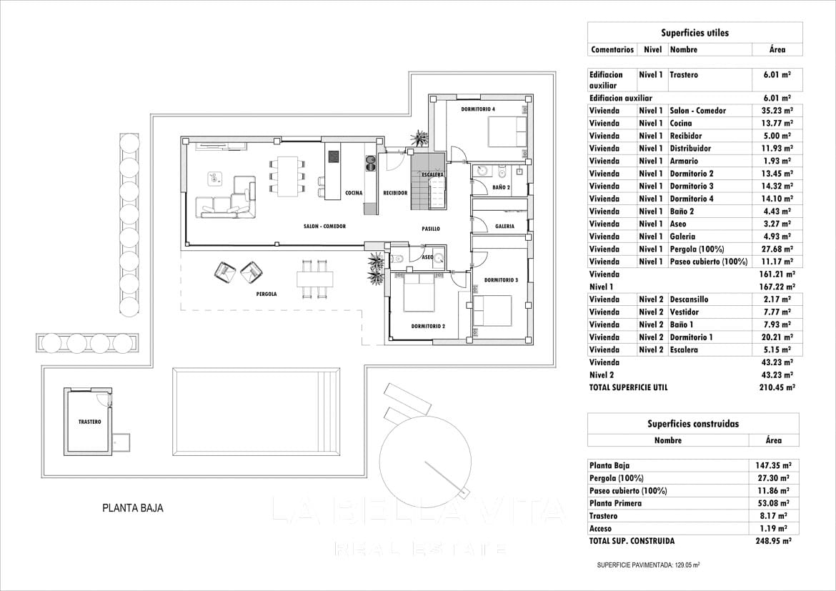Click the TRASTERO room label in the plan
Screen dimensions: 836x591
coord(89,422)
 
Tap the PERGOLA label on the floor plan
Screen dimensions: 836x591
coord(267,294)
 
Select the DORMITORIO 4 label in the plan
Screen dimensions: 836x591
coord(478,109)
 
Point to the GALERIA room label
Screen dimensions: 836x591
coord(504,226)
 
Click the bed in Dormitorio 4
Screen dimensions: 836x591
coord(508,131)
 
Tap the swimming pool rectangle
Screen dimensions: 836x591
coord(257,411)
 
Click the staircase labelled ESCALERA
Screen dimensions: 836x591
coord(427,180)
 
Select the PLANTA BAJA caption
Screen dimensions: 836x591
coord(133,508)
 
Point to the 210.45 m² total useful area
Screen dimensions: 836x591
coord(777,388)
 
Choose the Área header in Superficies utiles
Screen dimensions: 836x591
coord(777,49)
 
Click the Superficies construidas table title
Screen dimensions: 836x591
coord(693,424)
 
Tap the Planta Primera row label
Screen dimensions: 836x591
coord(615,504)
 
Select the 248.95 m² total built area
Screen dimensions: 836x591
coord(773,541)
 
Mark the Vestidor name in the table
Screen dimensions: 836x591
coord(684,312)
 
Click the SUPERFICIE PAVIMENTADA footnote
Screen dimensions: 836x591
coord(648,565)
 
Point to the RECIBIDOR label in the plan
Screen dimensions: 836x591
coord(395,193)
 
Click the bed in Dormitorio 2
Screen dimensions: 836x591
coord(421,292)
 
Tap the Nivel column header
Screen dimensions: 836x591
coord(652,49)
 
